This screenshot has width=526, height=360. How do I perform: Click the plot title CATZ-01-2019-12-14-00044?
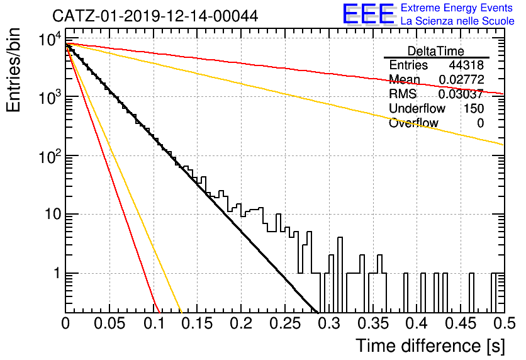point(155,16)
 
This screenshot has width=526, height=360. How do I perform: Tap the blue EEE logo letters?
point(368,14)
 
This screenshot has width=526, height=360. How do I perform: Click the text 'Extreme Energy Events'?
point(457,8)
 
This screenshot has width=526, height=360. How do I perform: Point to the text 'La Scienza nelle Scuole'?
point(457,21)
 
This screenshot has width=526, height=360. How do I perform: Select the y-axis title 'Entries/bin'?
point(13,70)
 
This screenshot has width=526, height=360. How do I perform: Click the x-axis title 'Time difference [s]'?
point(430,346)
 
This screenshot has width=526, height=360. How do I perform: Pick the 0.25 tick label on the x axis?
point(285,323)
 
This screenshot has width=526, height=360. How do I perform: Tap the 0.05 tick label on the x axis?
point(109,323)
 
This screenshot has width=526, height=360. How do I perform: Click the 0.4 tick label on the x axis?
point(417,323)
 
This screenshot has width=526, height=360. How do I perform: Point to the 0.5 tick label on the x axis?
point(504,323)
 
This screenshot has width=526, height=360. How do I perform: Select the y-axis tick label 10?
point(53,214)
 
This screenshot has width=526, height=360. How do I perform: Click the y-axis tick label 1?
point(57,273)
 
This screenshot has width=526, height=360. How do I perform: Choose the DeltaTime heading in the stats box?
point(436,51)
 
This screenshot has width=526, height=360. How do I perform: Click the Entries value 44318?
point(466,65)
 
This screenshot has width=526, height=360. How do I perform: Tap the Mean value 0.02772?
point(461,79)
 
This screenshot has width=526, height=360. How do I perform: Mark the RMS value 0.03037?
point(461,94)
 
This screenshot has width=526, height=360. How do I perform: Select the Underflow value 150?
point(474,108)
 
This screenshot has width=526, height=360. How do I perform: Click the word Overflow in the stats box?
point(413,123)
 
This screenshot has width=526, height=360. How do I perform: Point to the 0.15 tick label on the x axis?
point(198,323)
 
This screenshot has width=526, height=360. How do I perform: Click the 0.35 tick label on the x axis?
point(373,323)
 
